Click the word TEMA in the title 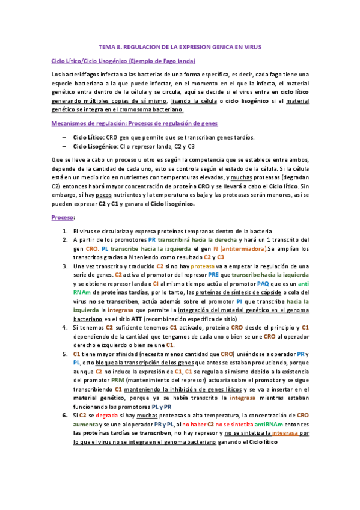(106, 46)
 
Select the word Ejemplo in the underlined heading (138, 61)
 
